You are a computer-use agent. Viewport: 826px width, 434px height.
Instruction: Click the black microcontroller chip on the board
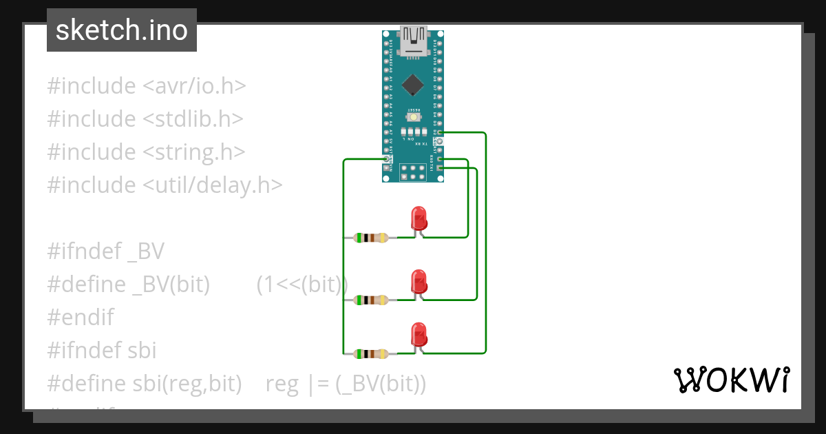(412, 84)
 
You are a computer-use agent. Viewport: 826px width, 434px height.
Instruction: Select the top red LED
(418, 219)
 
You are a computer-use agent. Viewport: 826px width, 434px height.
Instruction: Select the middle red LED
(418, 282)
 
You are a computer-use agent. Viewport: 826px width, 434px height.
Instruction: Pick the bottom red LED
(418, 335)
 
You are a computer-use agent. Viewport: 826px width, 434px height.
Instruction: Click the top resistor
(371, 238)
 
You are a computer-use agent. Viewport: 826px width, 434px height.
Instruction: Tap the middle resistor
(371, 300)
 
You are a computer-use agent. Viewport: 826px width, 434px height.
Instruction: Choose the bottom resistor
(371, 354)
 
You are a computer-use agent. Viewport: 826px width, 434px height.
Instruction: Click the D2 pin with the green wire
(440, 132)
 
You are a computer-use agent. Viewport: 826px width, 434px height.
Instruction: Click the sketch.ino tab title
(122, 30)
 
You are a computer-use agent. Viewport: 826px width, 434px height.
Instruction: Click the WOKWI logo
(730, 380)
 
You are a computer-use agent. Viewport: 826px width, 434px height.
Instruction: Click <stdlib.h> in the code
(193, 119)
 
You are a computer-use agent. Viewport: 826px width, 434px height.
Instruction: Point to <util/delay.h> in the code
(213, 185)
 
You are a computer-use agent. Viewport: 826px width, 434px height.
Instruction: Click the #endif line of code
(81, 318)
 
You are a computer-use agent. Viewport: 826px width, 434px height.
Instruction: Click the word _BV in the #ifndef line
(146, 251)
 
